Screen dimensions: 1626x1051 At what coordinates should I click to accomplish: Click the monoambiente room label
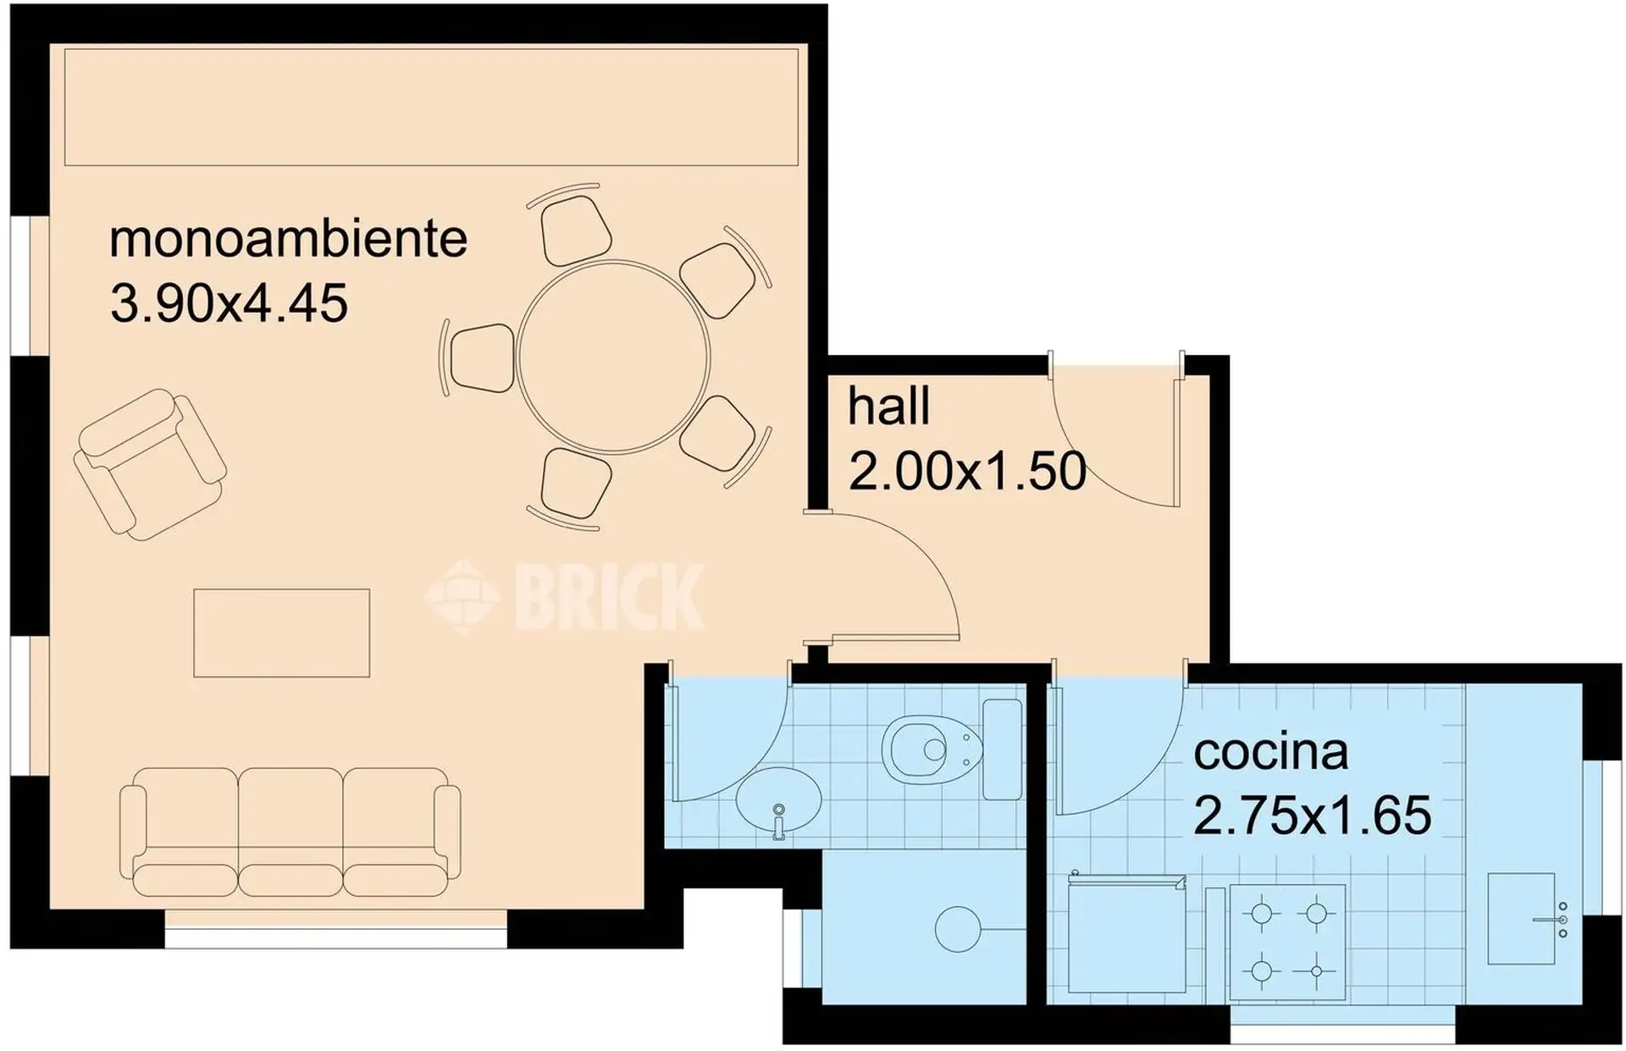(x=288, y=239)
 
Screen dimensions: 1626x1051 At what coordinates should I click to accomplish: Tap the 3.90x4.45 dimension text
(x=229, y=303)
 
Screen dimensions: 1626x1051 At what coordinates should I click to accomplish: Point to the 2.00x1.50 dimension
(x=967, y=471)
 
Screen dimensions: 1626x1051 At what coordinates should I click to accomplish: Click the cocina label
(x=1270, y=751)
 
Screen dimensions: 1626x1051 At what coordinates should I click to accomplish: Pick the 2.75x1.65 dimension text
(x=1312, y=815)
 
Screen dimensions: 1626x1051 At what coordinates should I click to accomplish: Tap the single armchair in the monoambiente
(x=150, y=463)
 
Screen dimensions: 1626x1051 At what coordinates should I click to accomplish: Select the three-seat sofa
(x=290, y=833)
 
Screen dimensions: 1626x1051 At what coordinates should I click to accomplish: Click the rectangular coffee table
(x=282, y=633)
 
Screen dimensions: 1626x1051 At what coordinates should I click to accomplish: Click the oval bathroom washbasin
(x=778, y=800)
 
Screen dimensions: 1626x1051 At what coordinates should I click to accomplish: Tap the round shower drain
(x=957, y=929)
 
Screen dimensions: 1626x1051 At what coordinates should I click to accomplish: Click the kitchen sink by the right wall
(x=1522, y=919)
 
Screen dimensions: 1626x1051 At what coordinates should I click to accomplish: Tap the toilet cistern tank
(x=1002, y=749)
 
